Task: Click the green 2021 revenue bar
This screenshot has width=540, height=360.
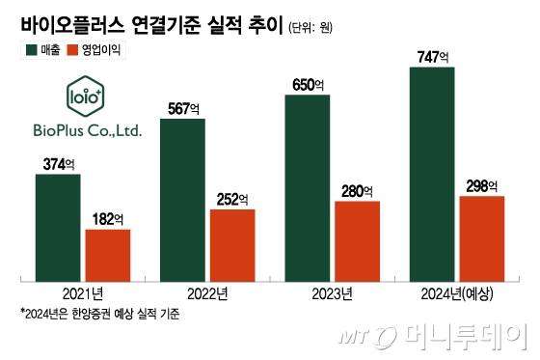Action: pos(58,228)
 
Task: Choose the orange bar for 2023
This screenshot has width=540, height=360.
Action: pos(358,241)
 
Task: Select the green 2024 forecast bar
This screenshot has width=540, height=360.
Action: pos(432,174)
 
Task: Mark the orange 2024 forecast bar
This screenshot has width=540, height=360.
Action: pos(482,238)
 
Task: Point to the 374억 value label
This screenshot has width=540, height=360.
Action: pos(59,165)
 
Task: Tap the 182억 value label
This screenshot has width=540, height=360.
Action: pos(108,219)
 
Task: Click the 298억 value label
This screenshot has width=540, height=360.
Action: pos(482,186)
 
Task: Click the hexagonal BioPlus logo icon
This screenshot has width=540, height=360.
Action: pos(84,98)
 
